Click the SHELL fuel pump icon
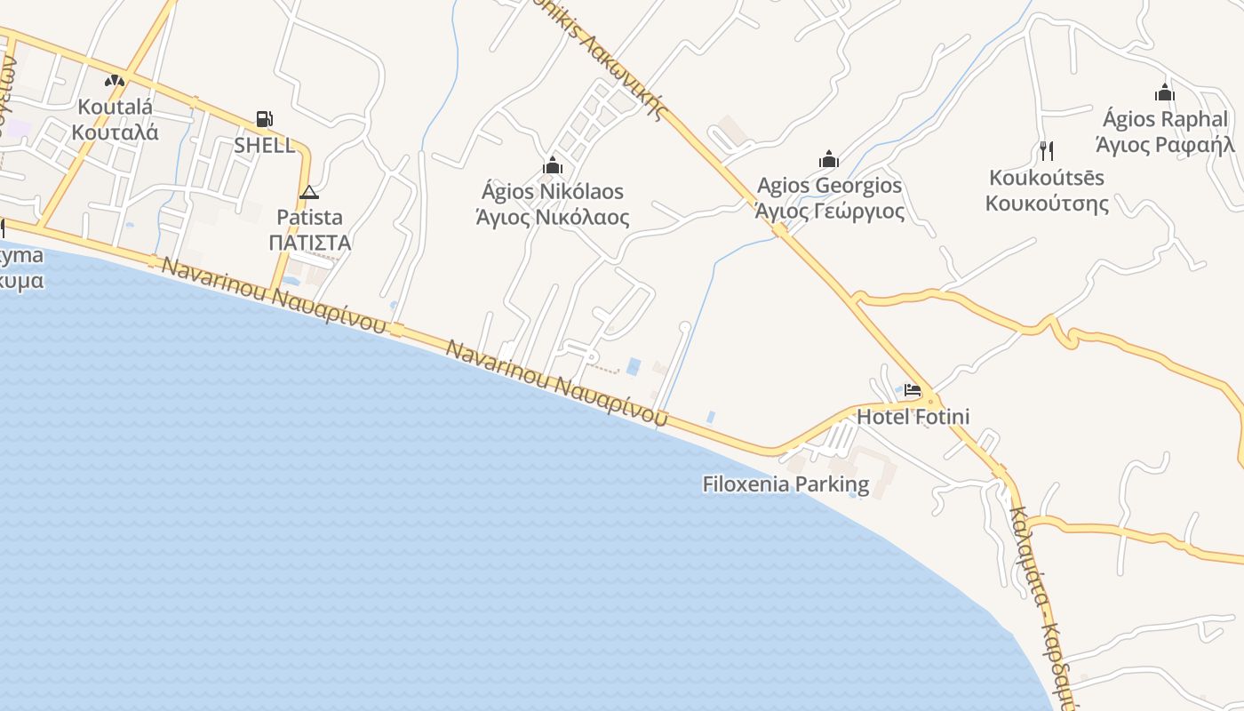(264, 119)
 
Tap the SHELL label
(265, 146)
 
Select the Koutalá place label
(116, 108)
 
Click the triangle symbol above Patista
(308, 192)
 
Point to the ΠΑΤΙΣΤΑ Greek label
(310, 243)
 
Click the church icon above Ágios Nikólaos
(553, 165)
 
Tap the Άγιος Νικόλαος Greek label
(553, 218)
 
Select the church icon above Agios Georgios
(829, 160)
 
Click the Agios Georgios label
(829, 186)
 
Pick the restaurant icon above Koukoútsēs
(1046, 149)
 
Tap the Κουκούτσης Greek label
(1047, 204)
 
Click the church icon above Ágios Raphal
(1165, 92)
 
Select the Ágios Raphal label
(1165, 119)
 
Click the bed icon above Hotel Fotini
(913, 390)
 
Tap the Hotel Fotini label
(913, 416)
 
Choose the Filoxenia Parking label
(785, 484)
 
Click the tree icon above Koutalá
(115, 81)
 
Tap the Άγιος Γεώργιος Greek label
(829, 212)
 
